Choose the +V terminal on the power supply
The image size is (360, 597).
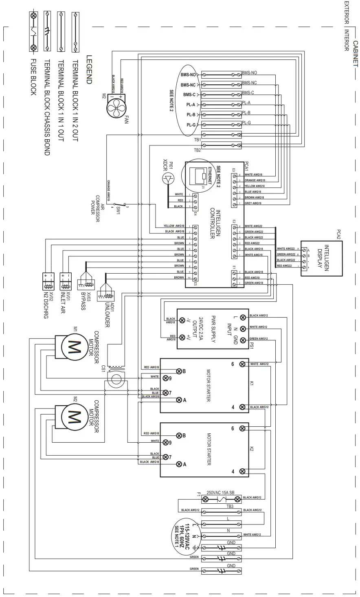click(x=182, y=337)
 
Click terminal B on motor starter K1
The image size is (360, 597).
click(x=179, y=371)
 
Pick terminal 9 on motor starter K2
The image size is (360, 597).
click(x=165, y=442)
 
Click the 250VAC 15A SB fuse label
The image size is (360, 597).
click(x=220, y=492)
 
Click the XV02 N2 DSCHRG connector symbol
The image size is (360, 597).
click(x=48, y=281)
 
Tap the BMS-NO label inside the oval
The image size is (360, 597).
click(x=188, y=75)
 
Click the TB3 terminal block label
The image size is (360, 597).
click(x=230, y=506)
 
